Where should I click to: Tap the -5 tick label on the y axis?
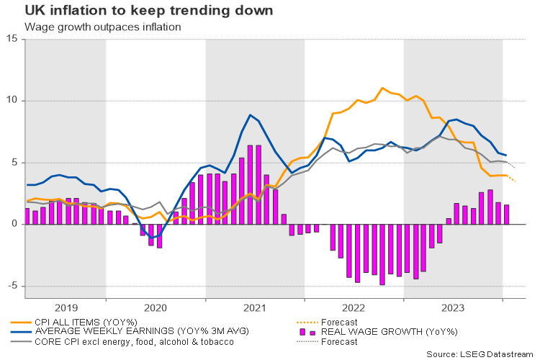(13, 286)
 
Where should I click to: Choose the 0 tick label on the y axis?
(15, 224)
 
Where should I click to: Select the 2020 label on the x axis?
(155, 307)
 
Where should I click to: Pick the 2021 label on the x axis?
(254, 307)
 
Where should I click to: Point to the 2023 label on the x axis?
(452, 307)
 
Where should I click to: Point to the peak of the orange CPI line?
(382, 88)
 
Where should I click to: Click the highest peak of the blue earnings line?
(250, 115)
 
